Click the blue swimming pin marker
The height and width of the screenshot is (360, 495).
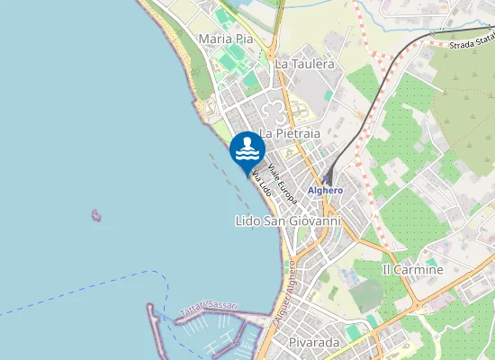click(247, 149)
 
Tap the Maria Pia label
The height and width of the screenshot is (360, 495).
click(225, 40)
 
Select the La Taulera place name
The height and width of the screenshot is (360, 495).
click(304, 65)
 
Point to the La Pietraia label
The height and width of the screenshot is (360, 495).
click(290, 133)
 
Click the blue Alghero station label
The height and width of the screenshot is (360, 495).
click(325, 191)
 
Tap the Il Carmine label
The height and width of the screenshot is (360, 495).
click(413, 270)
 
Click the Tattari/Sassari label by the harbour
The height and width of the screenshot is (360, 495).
click(209, 308)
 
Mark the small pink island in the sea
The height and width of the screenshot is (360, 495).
click(95, 215)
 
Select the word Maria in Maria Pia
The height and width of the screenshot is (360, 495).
click(214, 40)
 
